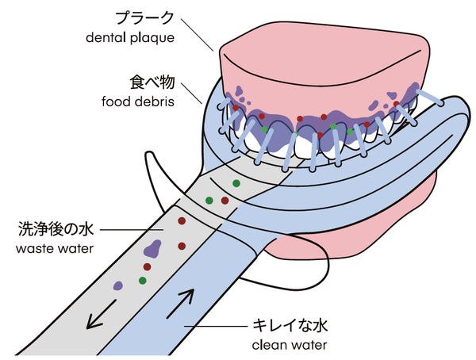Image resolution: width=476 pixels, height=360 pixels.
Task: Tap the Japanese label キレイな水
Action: [x=289, y=326]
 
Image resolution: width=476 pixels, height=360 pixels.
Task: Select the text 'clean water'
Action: [x=289, y=344]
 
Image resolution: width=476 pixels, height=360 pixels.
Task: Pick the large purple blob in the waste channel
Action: [x=153, y=248]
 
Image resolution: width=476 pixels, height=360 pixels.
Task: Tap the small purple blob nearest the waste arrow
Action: [x=117, y=284]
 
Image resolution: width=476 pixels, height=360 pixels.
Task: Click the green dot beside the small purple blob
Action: [x=142, y=280]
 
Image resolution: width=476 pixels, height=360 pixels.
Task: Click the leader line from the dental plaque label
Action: [x=202, y=39]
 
